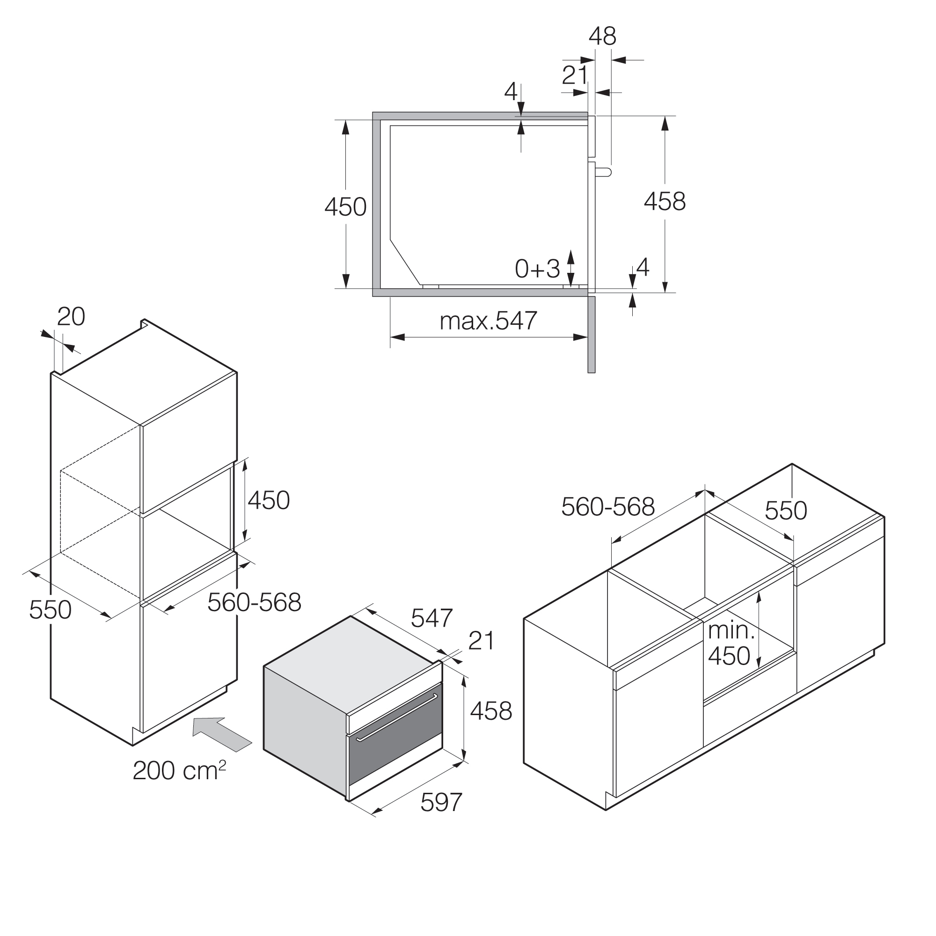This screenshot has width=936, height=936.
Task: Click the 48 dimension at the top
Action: [602, 37]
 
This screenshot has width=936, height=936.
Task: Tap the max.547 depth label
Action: [488, 321]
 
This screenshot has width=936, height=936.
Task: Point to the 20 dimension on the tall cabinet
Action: [71, 317]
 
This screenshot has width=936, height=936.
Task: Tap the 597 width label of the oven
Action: [441, 802]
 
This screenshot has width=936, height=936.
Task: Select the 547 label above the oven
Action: [431, 618]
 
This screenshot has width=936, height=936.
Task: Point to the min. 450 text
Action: [731, 643]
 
